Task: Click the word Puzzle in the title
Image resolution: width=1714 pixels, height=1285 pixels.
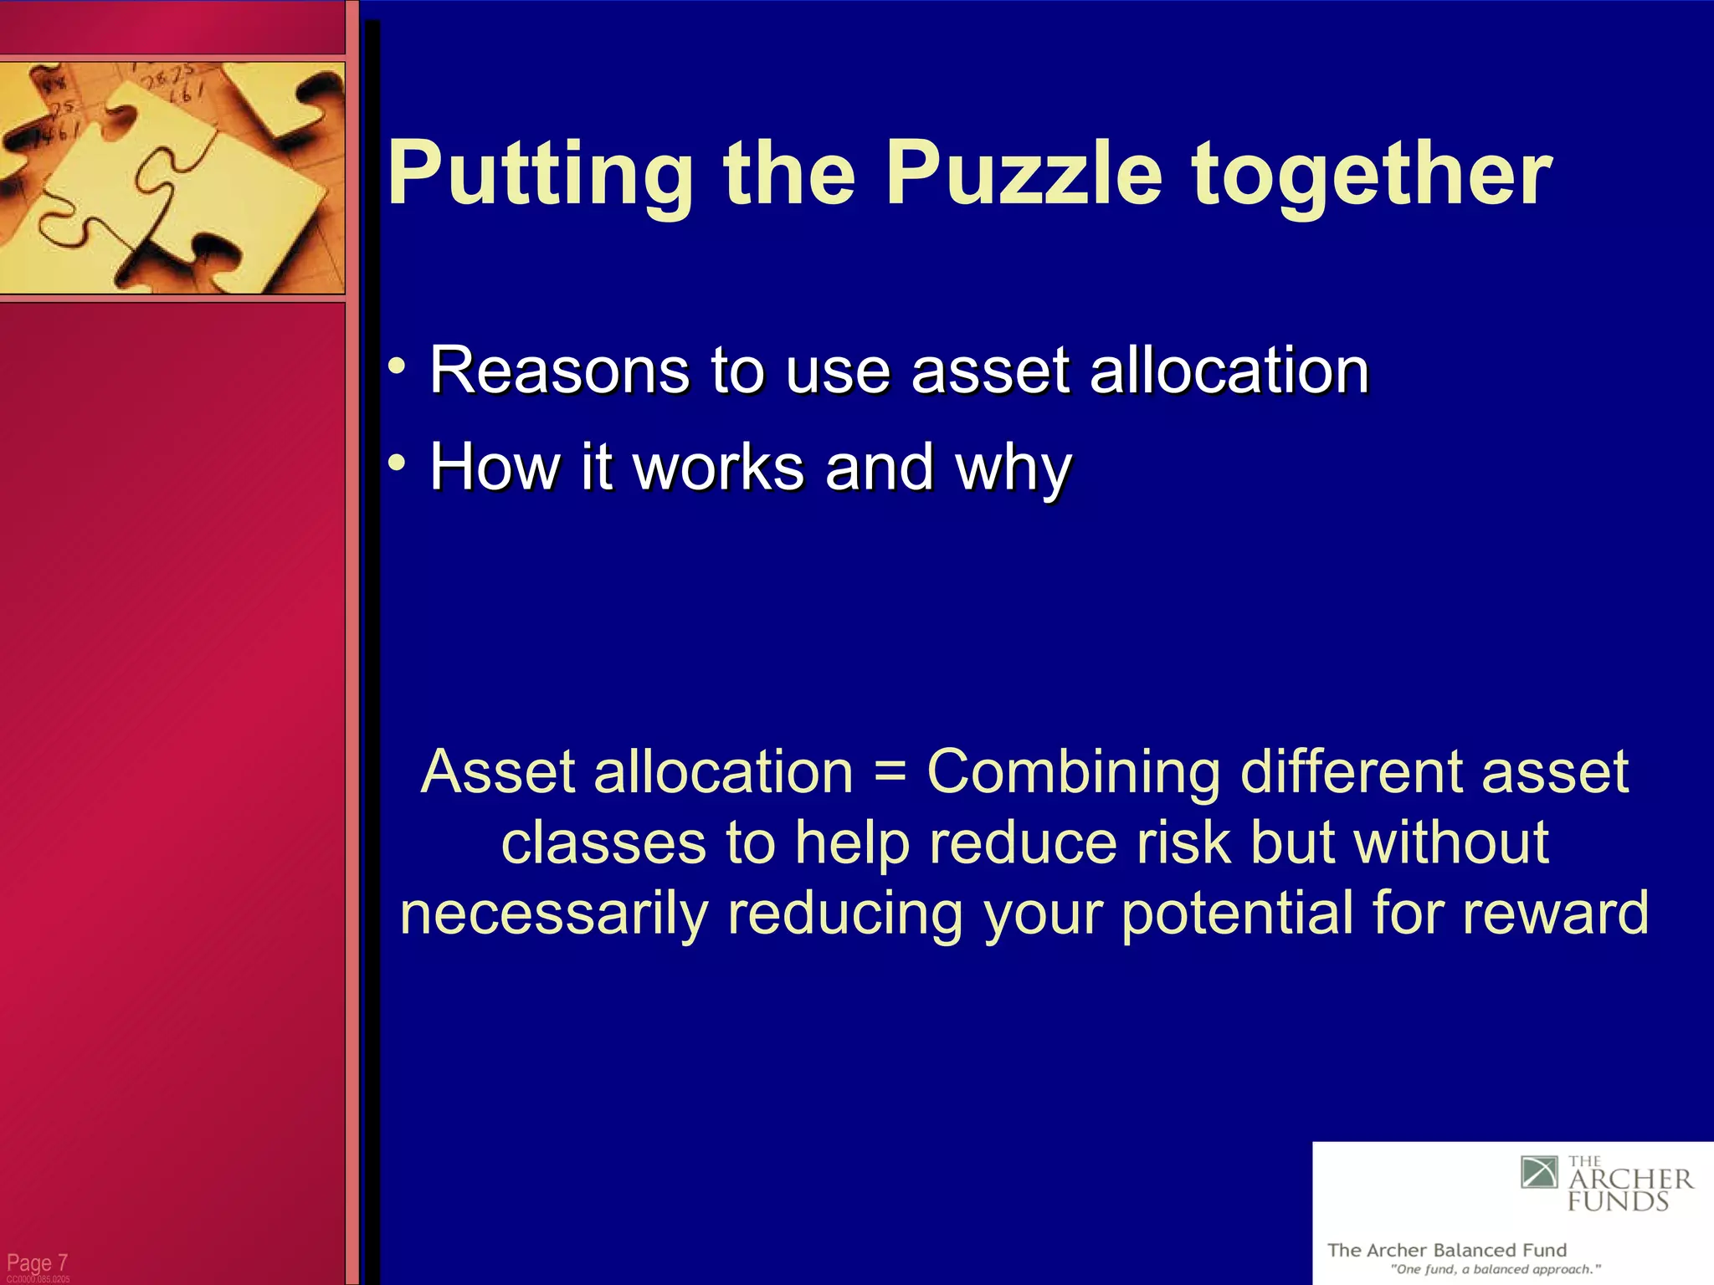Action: point(1024,173)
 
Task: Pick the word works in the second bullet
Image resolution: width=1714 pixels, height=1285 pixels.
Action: point(719,466)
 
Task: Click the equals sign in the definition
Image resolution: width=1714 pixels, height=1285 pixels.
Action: point(890,771)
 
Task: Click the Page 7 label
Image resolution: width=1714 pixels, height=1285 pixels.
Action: point(37,1262)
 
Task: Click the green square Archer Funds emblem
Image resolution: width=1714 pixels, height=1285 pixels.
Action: point(1539,1172)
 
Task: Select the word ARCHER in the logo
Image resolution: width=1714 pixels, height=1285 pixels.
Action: point(1630,1180)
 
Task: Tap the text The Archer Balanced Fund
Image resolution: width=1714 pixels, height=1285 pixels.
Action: point(1446,1250)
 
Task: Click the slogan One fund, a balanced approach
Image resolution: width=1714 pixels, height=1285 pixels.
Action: point(1495,1269)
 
